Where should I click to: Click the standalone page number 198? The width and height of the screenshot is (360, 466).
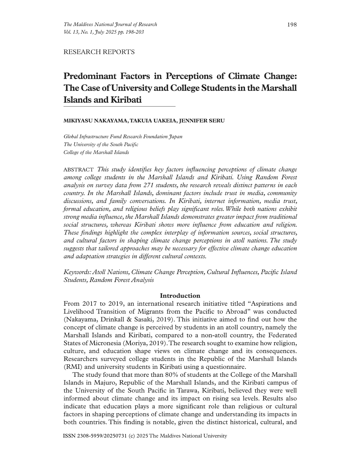pos(292,25)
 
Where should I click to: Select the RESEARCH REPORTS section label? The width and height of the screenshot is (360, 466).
pos(99,52)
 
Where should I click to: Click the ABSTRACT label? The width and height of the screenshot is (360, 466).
pos(79,170)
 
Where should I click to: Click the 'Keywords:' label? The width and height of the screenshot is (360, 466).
pos(77,272)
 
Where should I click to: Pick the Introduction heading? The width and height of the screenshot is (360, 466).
pos(180,296)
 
